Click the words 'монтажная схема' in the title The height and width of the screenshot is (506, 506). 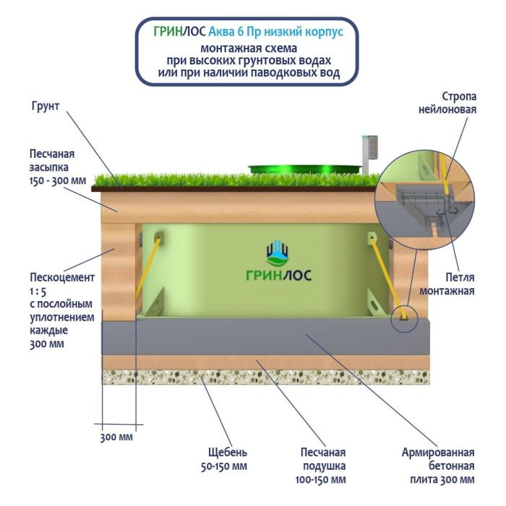click(248, 48)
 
